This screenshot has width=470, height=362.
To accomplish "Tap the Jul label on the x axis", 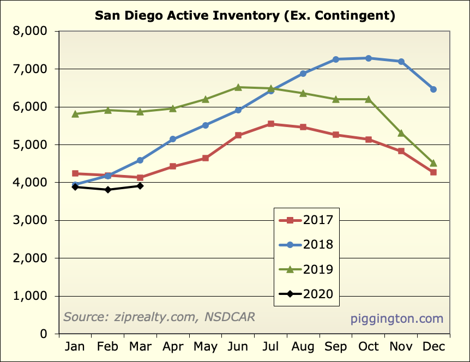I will (271, 347).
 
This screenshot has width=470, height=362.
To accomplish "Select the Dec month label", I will (433, 347).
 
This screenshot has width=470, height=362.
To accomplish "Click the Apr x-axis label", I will (173, 347).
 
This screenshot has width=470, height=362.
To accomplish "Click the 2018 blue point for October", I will (369, 58).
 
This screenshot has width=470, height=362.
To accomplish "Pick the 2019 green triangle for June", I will (238, 87).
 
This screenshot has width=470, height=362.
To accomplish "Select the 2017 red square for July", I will (271, 124).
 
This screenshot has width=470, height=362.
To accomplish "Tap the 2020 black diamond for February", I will (108, 190).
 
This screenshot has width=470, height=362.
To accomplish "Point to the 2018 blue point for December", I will (433, 89).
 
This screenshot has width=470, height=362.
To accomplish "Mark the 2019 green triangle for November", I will (401, 133).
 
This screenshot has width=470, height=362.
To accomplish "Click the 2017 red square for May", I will (206, 158).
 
